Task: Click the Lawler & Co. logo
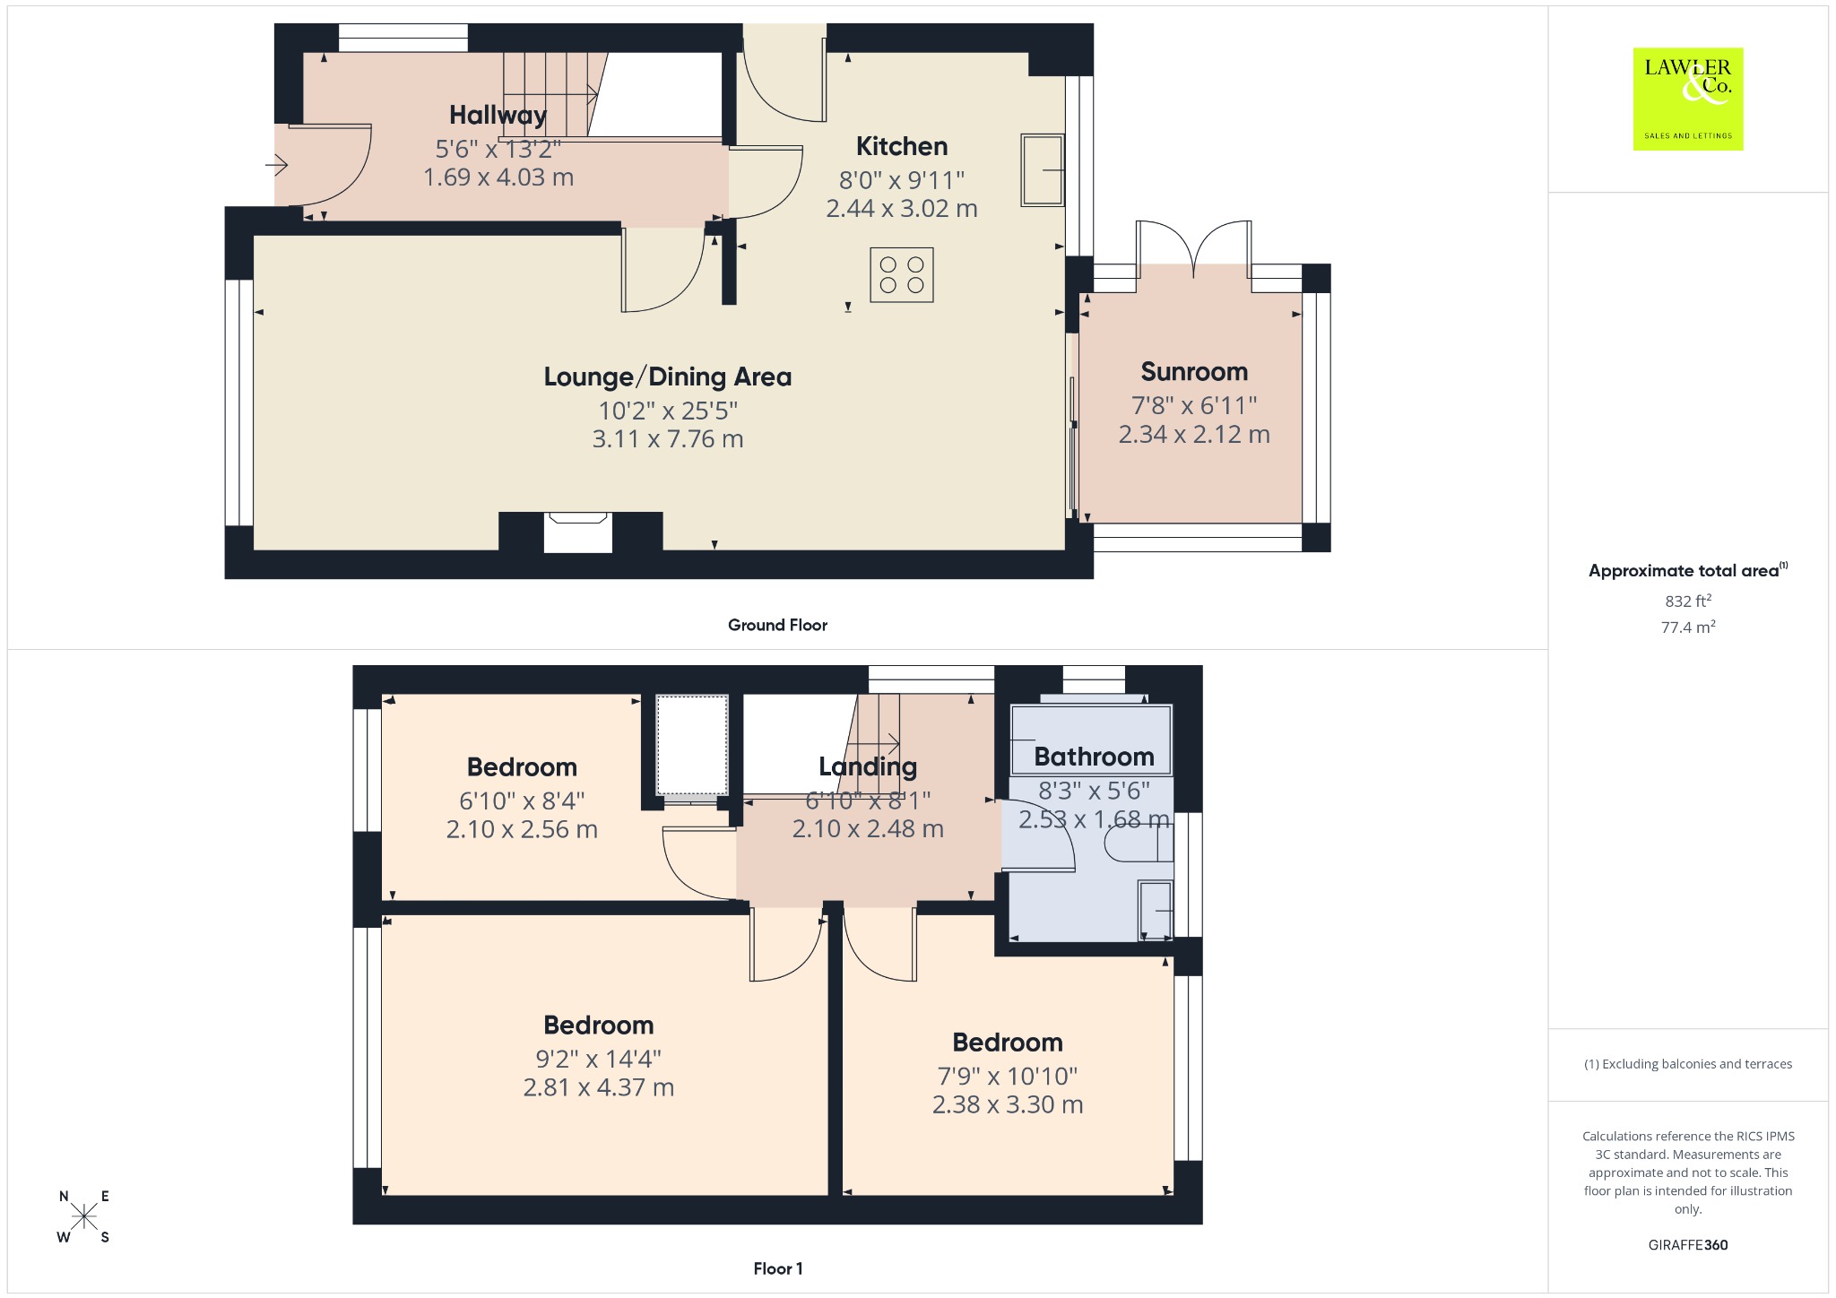click(x=1688, y=99)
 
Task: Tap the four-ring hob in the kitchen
click(x=901, y=274)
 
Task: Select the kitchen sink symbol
click(x=1042, y=170)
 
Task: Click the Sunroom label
click(x=1194, y=371)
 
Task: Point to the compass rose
click(x=84, y=1216)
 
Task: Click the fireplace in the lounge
click(x=578, y=532)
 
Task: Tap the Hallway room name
click(x=498, y=115)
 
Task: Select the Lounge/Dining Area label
click(x=668, y=376)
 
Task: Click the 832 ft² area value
click(x=1688, y=601)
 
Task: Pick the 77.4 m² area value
click(x=1688, y=627)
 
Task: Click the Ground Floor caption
click(x=777, y=625)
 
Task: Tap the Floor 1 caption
click(x=778, y=1268)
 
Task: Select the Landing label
click(x=868, y=766)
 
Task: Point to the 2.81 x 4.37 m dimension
click(x=599, y=1087)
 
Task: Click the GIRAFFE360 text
click(x=1688, y=1245)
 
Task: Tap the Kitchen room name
click(x=902, y=146)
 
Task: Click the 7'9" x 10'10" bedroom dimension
click(x=1008, y=1076)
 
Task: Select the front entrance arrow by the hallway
click(x=276, y=166)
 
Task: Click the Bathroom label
click(x=1094, y=757)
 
